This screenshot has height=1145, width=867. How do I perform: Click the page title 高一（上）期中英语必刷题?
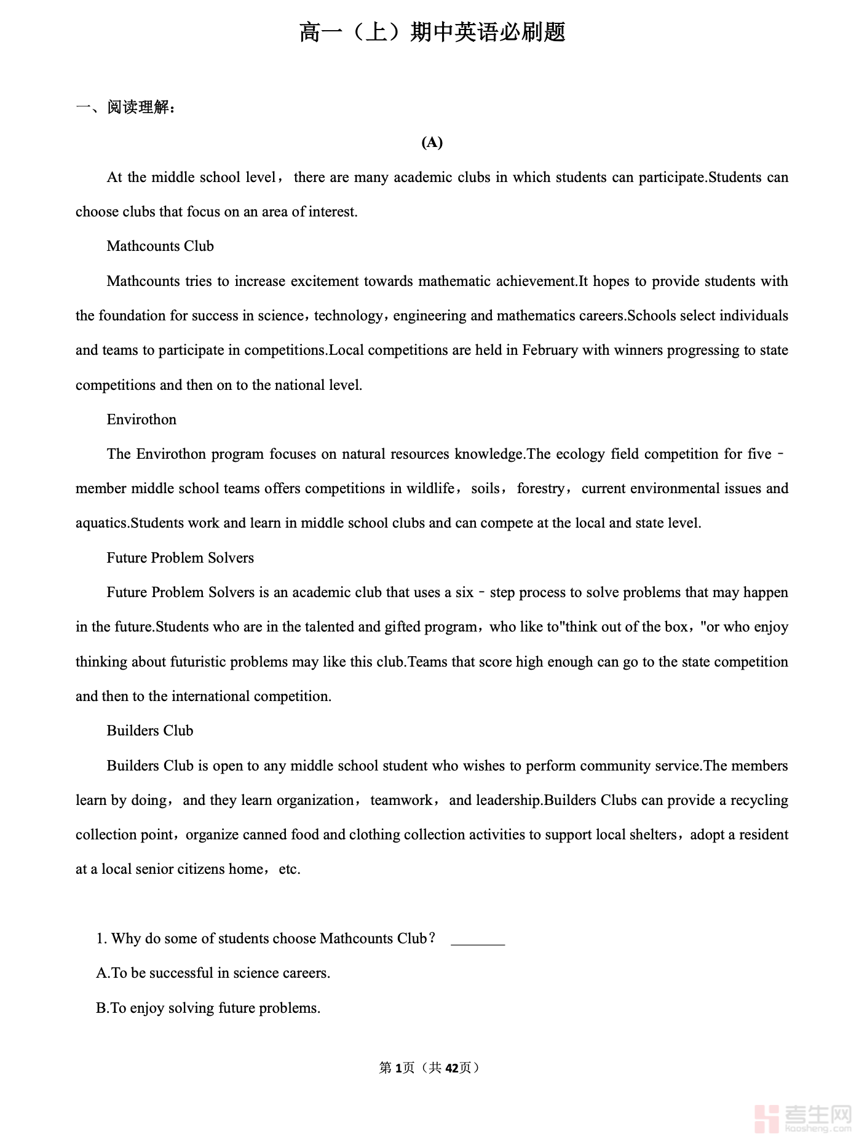(432, 32)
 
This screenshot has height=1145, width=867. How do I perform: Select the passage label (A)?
(432, 143)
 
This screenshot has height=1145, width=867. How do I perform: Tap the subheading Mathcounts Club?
(160, 246)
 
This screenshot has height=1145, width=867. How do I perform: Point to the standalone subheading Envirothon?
(141, 419)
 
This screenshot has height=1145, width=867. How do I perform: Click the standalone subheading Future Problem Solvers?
(180, 558)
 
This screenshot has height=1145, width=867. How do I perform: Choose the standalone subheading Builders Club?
(150, 731)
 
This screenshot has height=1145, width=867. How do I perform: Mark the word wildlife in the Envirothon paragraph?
(430, 488)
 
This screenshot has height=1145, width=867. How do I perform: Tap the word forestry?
(540, 488)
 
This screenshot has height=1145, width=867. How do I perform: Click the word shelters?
(651, 834)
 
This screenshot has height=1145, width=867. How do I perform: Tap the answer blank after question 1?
(478, 940)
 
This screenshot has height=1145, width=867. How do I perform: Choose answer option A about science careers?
(213, 973)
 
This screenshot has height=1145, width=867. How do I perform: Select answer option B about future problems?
(208, 1008)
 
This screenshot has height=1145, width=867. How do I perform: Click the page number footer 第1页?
(397, 1068)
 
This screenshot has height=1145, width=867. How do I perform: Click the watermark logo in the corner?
(802, 1119)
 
